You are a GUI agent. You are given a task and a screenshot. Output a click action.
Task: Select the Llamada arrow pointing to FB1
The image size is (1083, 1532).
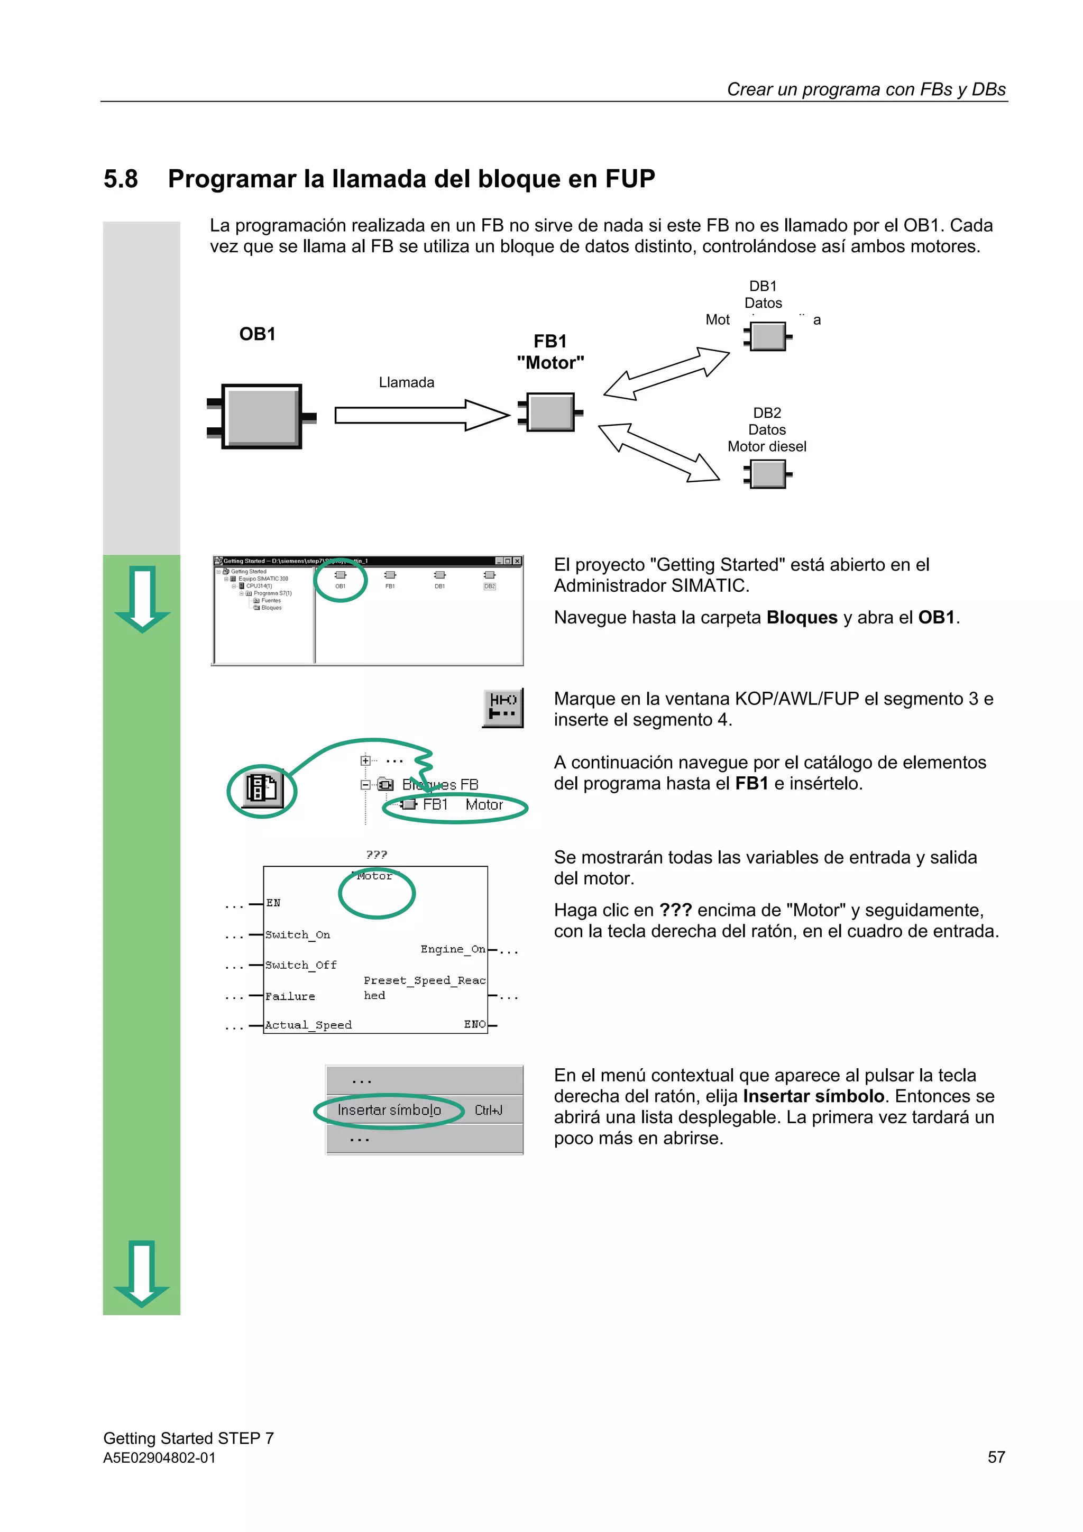pos(420,415)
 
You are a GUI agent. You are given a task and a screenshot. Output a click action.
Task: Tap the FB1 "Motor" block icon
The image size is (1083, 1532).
pos(550,412)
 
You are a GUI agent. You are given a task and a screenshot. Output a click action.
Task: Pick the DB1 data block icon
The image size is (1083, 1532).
pos(767,336)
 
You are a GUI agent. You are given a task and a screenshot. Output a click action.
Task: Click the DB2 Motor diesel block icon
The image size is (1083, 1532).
pos(767,474)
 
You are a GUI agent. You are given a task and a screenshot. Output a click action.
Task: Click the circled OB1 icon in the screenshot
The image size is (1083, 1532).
pos(341,579)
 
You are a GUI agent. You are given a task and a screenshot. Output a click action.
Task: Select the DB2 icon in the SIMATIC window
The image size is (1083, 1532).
pos(489,579)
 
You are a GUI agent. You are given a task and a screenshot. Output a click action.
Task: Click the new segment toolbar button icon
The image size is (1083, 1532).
pos(502,707)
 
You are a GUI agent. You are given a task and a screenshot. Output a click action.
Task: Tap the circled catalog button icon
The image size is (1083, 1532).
pos(262,790)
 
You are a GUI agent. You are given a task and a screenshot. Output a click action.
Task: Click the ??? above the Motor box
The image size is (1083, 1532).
pos(377,854)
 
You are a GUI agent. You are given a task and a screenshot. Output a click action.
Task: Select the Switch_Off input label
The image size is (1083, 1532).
pos(300,965)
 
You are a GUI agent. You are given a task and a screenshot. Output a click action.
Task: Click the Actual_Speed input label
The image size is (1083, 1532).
pos(308,1025)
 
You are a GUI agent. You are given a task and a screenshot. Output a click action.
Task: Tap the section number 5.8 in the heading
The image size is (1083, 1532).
pos(121,179)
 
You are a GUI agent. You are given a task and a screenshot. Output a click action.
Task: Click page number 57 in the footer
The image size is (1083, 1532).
pos(996,1457)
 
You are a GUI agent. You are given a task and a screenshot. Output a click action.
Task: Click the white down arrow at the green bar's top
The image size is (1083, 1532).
pos(142,599)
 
